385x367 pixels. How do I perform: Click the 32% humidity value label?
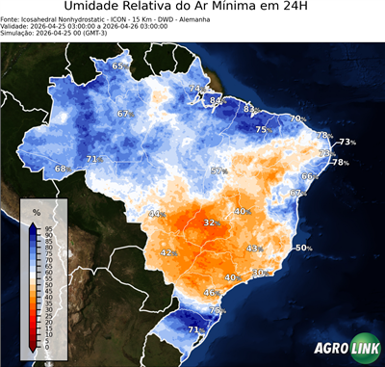point(210,223)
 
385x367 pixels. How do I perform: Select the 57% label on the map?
point(218,170)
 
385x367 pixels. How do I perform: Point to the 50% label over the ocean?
point(303,248)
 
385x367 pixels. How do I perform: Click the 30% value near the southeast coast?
point(259,273)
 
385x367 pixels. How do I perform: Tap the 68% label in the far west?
point(62,169)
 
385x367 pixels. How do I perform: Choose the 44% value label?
point(156,213)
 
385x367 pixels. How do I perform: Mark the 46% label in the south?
point(212,292)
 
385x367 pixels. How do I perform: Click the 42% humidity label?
point(167,252)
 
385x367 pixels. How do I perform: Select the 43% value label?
point(254,249)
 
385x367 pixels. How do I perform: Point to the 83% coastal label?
point(250,109)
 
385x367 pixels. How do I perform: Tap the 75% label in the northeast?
point(262,129)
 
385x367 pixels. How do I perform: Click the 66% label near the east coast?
point(310,176)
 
